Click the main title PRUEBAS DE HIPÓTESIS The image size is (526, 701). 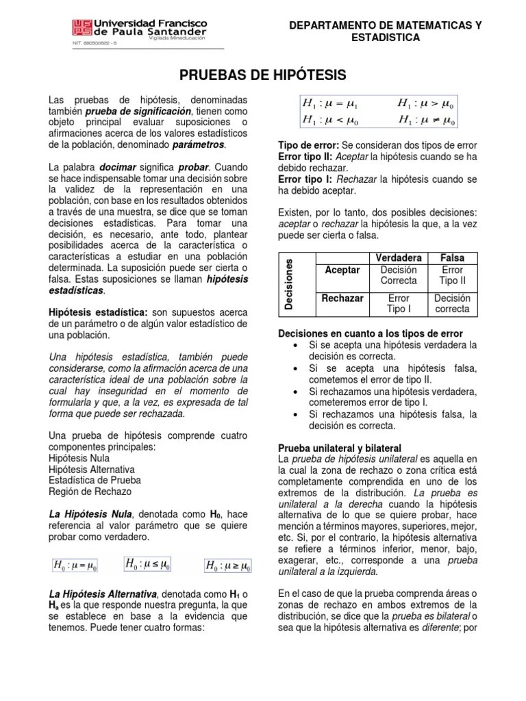coord(263,74)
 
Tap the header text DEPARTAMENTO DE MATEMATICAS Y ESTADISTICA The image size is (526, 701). coord(386,31)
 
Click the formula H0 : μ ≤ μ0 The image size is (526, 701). coord(148,564)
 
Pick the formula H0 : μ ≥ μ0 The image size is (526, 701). coord(227,565)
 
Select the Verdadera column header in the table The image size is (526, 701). coord(398,258)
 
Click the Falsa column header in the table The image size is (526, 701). coord(452,258)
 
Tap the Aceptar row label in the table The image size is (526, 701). coord(342,270)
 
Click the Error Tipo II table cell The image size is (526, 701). coord(452,276)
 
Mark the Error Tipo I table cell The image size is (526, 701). coord(398,304)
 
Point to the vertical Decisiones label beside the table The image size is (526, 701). coord(290,284)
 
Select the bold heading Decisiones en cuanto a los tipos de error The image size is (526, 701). coord(370,333)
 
